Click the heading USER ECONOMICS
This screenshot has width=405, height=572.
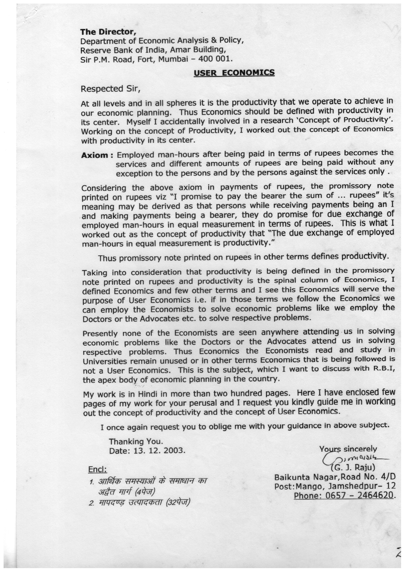point(234,72)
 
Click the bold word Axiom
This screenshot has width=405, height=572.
point(94,155)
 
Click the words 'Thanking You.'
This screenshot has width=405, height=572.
point(136,442)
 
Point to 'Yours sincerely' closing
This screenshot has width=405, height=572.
point(348,449)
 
